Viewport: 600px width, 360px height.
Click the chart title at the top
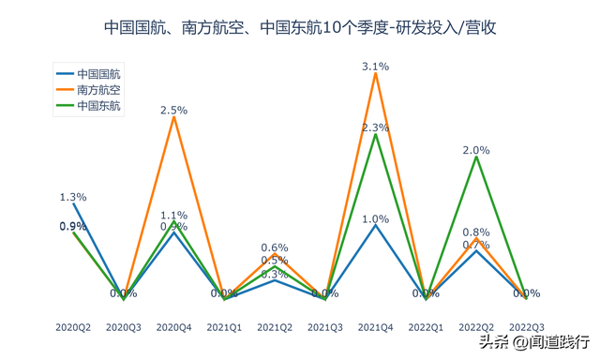[299, 28]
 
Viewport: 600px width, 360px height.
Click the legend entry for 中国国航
[98, 73]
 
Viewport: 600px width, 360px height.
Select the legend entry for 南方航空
[98, 90]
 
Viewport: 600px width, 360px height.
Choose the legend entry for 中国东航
[98, 106]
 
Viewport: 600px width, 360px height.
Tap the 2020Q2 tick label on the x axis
[72, 327]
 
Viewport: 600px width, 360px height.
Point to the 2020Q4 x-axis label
[173, 327]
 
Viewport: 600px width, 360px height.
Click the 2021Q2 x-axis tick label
[274, 327]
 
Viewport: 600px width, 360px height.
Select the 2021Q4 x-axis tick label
[375, 327]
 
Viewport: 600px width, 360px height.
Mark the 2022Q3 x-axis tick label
[527, 327]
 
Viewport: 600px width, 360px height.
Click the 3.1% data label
[375, 67]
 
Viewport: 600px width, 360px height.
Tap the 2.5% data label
[173, 110]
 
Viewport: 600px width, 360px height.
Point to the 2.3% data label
[375, 127]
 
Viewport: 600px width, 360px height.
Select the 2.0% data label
[476, 150]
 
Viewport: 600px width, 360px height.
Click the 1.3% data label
[72, 197]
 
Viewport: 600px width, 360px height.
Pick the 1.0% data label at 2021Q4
[375, 218]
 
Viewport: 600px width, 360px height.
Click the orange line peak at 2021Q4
[375, 73]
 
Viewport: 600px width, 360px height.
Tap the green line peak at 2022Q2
[476, 157]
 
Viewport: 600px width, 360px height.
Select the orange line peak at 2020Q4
[173, 117]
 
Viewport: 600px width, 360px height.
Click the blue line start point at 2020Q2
[73, 203]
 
